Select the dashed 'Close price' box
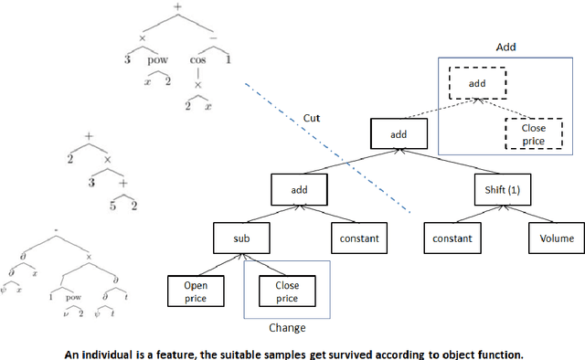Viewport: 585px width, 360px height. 534,133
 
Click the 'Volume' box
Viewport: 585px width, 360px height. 556,239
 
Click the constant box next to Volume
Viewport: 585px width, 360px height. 452,239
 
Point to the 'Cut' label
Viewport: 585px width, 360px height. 312,118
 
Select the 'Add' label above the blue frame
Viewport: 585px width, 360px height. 506,46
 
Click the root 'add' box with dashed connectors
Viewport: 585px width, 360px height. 399,134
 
